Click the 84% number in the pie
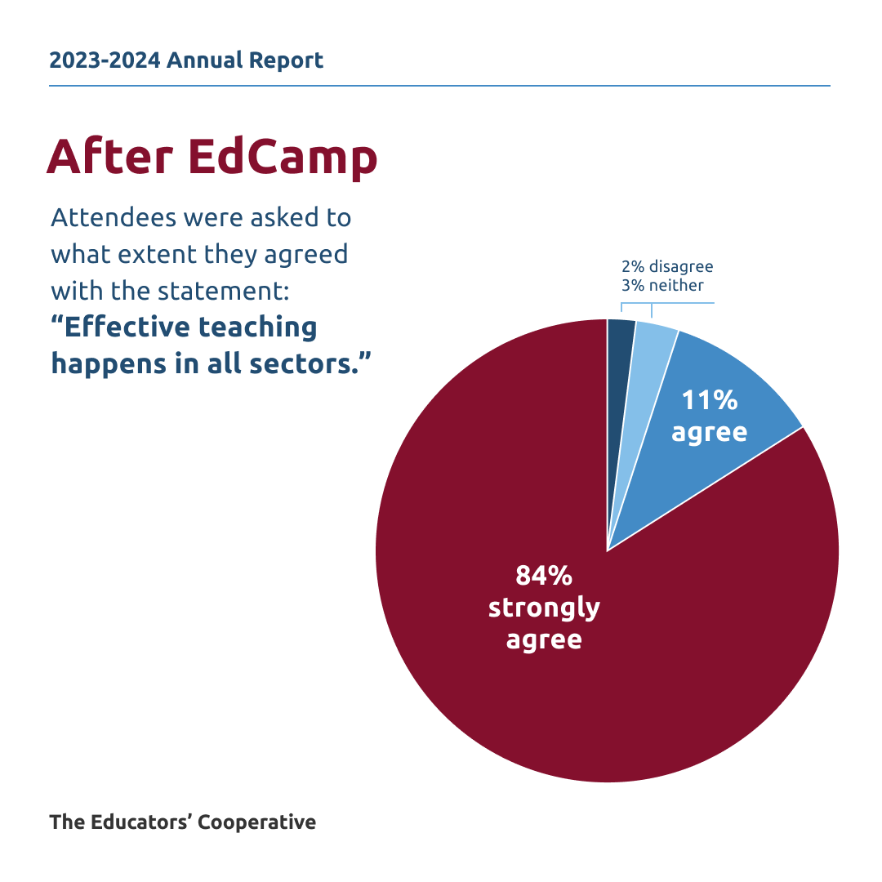(x=544, y=575)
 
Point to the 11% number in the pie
(x=709, y=400)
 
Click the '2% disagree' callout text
(x=667, y=267)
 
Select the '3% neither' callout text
(x=662, y=285)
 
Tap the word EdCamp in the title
(x=283, y=157)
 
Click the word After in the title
(x=111, y=157)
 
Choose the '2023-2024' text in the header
(x=105, y=60)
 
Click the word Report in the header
(x=287, y=60)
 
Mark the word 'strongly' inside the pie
(x=544, y=608)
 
